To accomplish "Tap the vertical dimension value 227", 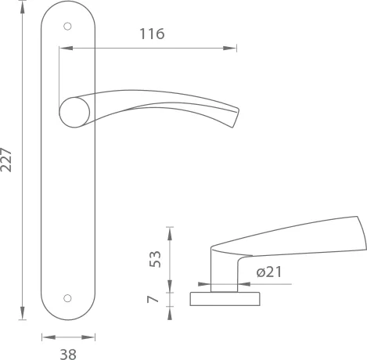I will point(9,160).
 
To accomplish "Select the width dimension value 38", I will point(68,353).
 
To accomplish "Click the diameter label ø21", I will point(269,272).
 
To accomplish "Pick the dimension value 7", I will point(155,298).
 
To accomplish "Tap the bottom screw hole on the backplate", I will point(68,298).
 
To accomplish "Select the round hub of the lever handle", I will point(74,112).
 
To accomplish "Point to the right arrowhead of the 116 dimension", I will point(232,49).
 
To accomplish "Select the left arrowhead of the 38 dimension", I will point(45,337).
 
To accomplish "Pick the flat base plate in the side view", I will point(226,298).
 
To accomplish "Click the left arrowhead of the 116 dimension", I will point(63,49).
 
